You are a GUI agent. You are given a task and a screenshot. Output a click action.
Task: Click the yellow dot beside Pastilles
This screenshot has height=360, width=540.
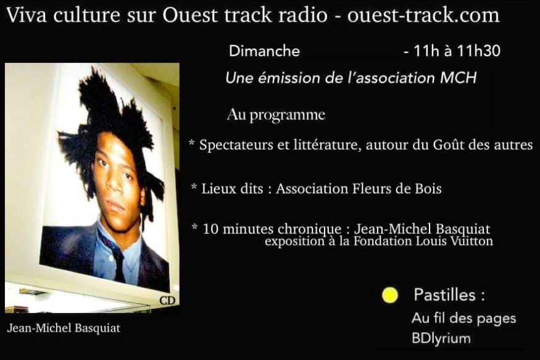click(x=390, y=295)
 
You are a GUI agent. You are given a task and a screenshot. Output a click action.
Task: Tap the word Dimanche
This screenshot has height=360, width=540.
click(x=265, y=51)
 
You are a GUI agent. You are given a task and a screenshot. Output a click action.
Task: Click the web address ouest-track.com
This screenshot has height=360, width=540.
click(x=423, y=15)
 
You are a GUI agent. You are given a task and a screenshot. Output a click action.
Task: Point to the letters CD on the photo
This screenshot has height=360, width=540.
click(x=167, y=300)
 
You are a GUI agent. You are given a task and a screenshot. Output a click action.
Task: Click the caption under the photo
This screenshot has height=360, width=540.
click(x=64, y=328)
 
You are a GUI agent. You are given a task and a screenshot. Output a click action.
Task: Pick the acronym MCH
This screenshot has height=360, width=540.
click(x=459, y=78)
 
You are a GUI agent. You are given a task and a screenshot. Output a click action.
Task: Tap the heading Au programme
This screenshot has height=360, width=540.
click(x=276, y=115)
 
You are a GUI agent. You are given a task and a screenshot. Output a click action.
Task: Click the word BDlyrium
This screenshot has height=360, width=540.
click(x=441, y=338)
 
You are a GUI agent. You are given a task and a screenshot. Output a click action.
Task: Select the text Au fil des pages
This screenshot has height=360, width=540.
click(x=464, y=318)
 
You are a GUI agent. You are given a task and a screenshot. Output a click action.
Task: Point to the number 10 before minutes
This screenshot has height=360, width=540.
click(x=210, y=228)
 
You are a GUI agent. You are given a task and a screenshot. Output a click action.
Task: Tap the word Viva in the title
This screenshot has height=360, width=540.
click(x=27, y=15)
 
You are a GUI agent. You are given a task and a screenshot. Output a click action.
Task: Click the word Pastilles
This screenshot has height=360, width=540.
click(x=445, y=295)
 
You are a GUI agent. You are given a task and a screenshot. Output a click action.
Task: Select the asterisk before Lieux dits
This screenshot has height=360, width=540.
click(x=194, y=187)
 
